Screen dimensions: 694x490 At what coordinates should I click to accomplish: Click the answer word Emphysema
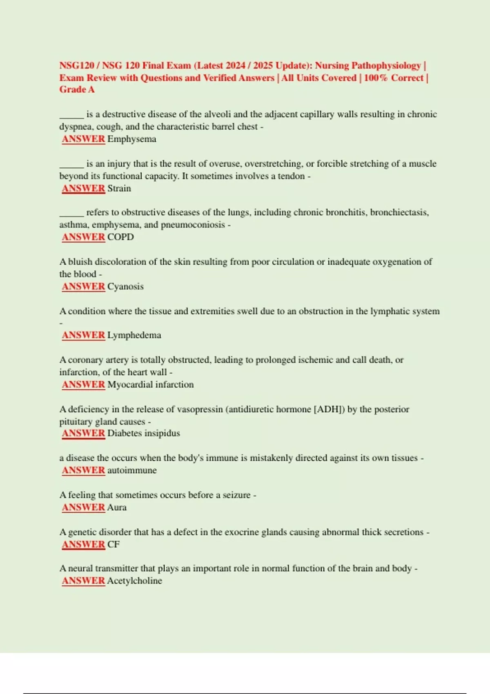point(131,139)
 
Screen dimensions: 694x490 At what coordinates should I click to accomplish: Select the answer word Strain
point(119,189)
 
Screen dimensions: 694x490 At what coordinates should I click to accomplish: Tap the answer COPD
point(120,237)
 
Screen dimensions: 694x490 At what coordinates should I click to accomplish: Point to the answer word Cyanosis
point(125,287)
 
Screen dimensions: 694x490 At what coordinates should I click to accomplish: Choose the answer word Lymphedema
point(134,335)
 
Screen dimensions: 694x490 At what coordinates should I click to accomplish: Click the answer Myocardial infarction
point(150,385)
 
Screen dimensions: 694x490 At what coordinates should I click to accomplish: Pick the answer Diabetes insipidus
point(143,433)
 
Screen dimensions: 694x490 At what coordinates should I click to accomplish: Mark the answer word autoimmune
point(132,470)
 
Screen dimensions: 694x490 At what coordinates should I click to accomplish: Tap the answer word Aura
point(117,507)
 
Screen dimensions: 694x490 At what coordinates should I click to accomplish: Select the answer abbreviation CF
point(113,545)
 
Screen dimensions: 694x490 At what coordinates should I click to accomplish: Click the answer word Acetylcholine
point(134,581)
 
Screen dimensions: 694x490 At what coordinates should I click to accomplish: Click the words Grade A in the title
point(77,89)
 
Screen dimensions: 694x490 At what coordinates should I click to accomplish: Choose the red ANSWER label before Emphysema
point(83,139)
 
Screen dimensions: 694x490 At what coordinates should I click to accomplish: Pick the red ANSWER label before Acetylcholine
point(83,581)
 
